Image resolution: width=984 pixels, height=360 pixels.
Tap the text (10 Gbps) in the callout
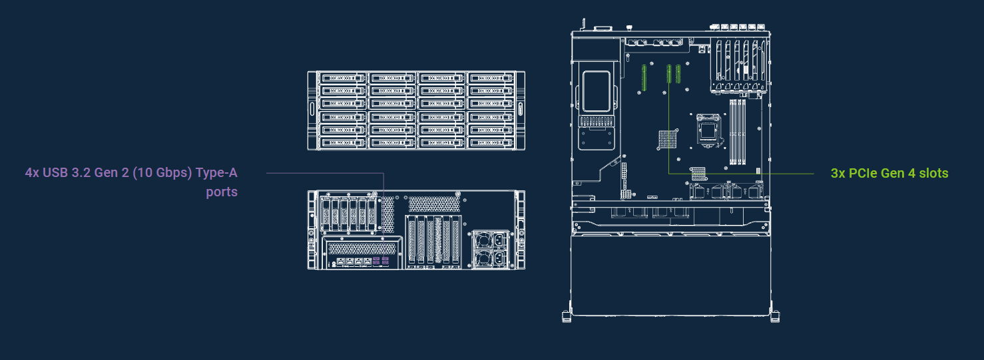(x=162, y=173)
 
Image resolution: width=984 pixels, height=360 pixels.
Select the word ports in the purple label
(x=222, y=192)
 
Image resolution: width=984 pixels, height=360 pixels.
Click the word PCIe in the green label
(x=863, y=174)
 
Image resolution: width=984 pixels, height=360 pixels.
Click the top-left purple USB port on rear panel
(x=376, y=259)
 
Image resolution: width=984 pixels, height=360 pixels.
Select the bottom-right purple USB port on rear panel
(x=385, y=263)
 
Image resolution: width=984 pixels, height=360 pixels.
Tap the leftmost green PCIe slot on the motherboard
(x=644, y=78)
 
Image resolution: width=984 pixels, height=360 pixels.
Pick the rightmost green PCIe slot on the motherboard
(x=678, y=74)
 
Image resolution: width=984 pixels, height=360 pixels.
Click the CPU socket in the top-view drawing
(x=708, y=130)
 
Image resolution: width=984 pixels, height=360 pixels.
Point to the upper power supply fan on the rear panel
(x=483, y=240)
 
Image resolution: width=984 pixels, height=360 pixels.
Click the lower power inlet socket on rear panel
(x=499, y=259)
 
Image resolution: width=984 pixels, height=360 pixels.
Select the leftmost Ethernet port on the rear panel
(x=341, y=262)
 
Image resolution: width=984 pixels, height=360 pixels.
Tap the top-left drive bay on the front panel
(x=343, y=78)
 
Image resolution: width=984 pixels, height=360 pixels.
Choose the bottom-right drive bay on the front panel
(x=491, y=142)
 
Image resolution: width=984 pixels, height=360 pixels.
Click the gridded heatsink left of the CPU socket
(x=667, y=140)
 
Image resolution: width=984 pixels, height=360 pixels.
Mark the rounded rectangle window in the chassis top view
(x=596, y=91)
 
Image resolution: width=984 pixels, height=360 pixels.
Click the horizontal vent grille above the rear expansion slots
(x=434, y=204)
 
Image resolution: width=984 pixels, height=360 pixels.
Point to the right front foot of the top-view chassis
(x=774, y=316)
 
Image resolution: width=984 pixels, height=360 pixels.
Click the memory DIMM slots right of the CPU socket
(x=737, y=132)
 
